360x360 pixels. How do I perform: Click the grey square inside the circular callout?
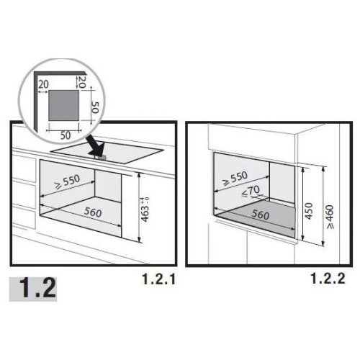click(x=63, y=106)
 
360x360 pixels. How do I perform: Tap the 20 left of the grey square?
click(x=43, y=84)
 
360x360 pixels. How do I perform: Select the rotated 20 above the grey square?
click(x=82, y=82)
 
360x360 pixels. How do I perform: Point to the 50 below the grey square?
click(x=66, y=135)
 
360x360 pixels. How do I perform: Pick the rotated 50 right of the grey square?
click(x=95, y=107)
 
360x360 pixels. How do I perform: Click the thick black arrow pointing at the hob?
click(x=95, y=146)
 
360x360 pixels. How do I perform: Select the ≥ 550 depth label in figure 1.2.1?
click(x=68, y=182)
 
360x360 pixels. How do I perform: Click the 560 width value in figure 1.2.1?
click(x=93, y=212)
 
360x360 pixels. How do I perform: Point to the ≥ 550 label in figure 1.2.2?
click(x=235, y=179)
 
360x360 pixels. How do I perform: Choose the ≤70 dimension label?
click(x=251, y=192)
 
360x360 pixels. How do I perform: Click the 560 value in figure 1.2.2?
click(x=261, y=215)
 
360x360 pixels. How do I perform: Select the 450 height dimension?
click(x=310, y=211)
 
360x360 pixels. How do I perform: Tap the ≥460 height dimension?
click(x=330, y=217)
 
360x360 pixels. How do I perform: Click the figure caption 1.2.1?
click(x=159, y=279)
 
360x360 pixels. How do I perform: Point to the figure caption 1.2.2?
click(x=328, y=279)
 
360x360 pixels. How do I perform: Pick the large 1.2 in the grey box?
click(x=37, y=288)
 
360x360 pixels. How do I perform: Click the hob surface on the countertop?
click(x=107, y=153)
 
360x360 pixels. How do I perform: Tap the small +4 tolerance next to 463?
click(x=143, y=199)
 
